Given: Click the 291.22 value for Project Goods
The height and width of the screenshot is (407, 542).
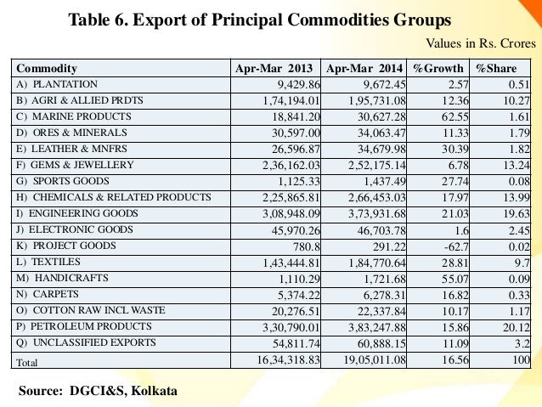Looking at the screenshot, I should [387, 245].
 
